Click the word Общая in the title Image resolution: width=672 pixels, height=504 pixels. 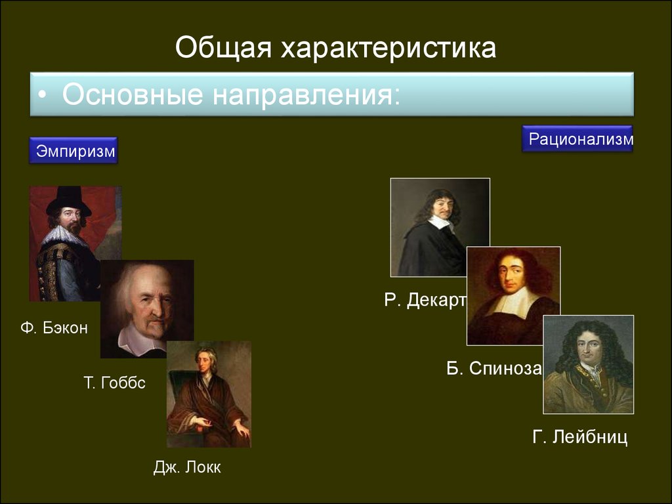[x=223, y=47]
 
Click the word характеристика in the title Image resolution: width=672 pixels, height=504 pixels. [x=388, y=47]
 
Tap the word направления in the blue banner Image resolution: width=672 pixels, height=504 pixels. [x=306, y=95]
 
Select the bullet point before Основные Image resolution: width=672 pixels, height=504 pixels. [x=42, y=95]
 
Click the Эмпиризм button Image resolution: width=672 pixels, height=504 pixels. [x=73, y=150]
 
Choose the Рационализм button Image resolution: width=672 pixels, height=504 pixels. [x=577, y=139]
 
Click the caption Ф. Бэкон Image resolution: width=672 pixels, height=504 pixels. [x=54, y=328]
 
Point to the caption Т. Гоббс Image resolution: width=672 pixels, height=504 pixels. [x=114, y=383]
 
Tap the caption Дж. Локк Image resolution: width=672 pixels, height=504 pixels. [x=187, y=467]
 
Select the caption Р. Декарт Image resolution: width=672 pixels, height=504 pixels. [x=425, y=300]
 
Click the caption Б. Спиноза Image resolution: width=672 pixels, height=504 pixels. [x=494, y=368]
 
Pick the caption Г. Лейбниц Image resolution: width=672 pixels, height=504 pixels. [x=580, y=437]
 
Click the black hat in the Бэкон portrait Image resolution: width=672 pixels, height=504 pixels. [x=68, y=201]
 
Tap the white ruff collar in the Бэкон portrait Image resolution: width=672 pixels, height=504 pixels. [x=64, y=236]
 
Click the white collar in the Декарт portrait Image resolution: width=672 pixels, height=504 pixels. [x=442, y=222]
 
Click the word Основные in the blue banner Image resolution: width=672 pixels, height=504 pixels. [x=133, y=95]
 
